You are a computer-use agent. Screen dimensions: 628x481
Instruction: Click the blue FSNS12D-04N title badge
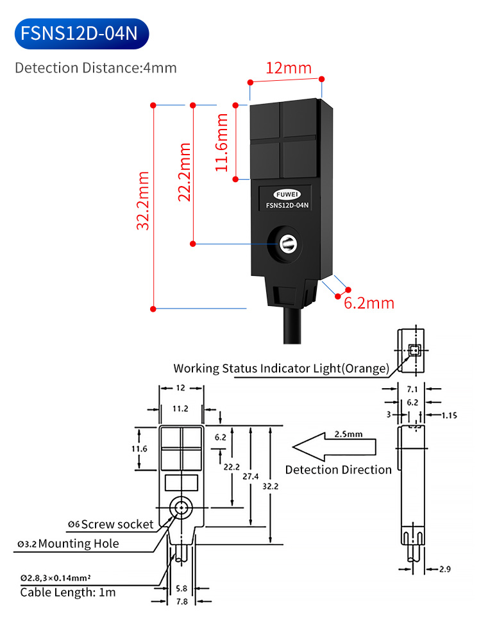[79, 33]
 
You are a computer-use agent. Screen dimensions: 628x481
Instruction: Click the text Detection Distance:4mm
[96, 67]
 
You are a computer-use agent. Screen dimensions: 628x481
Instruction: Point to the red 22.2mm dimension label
[184, 171]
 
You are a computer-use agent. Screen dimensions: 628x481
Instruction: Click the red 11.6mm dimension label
[222, 142]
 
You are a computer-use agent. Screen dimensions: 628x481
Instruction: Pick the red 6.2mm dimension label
[369, 303]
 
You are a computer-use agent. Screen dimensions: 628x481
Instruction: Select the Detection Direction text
[338, 470]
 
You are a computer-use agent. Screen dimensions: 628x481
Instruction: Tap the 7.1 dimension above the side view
[412, 389]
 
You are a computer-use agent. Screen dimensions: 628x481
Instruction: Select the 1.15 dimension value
[449, 415]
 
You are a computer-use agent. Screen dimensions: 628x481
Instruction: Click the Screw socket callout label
[112, 524]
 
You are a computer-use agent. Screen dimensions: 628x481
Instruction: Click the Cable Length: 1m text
[68, 592]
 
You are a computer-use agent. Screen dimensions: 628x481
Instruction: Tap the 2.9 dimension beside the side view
[445, 569]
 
